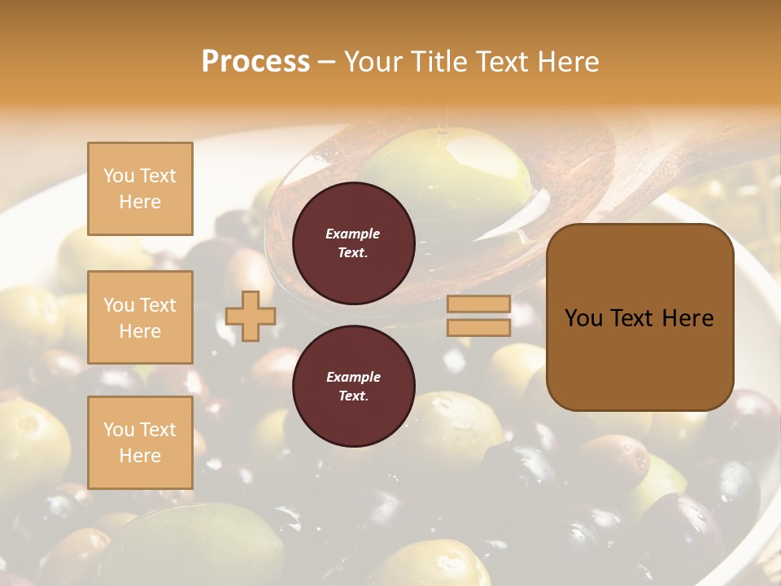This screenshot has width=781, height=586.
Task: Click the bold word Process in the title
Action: [255, 61]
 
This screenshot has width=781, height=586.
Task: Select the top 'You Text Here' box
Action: [140, 189]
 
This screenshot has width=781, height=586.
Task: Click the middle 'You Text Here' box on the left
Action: [140, 317]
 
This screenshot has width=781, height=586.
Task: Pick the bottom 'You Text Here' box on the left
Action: [140, 443]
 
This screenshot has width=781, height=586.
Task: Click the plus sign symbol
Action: [251, 316]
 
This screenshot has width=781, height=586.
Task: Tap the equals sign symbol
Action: [478, 316]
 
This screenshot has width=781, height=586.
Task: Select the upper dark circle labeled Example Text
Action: [353, 243]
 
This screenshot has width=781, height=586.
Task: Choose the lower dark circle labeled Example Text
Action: [353, 387]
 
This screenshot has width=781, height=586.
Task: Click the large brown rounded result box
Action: [639, 317]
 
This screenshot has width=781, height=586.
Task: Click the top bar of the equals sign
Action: [478, 304]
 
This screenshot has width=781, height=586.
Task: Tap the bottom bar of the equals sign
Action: [478, 327]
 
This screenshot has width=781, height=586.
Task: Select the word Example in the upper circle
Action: [353, 234]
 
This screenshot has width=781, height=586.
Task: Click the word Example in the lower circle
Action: [353, 377]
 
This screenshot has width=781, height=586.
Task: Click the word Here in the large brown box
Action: [687, 317]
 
